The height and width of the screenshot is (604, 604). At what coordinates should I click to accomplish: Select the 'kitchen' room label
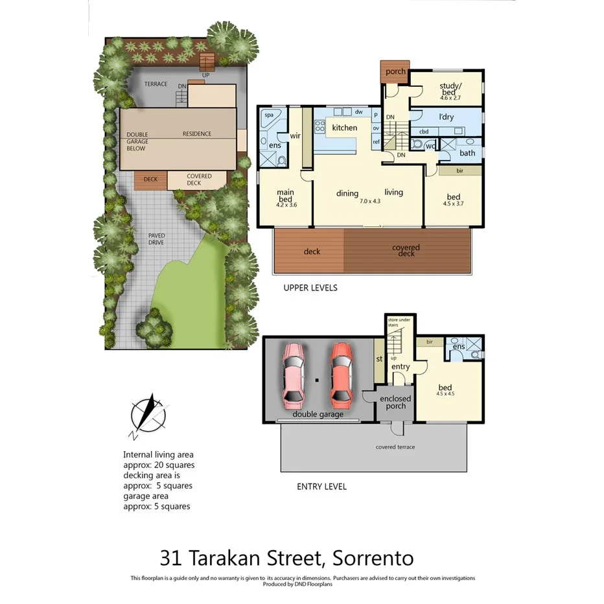tap(344, 128)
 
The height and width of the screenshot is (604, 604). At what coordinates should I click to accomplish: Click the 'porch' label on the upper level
tap(395, 72)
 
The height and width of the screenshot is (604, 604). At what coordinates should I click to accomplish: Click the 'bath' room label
tap(467, 154)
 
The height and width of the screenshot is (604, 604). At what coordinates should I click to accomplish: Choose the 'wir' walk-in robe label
tap(295, 135)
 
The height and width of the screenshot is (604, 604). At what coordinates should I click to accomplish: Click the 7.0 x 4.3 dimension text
tap(370, 202)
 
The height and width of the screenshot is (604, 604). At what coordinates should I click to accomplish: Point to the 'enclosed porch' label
tap(395, 402)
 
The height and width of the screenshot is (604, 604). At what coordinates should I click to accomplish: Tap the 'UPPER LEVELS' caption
tap(310, 288)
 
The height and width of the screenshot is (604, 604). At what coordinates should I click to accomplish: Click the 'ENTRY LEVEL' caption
tap(321, 487)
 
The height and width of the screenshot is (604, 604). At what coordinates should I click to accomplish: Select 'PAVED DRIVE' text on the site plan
tap(156, 238)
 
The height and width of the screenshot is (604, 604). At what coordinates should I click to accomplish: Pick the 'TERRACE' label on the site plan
tap(156, 84)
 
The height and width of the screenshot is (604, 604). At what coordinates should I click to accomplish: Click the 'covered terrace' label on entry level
tap(395, 447)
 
